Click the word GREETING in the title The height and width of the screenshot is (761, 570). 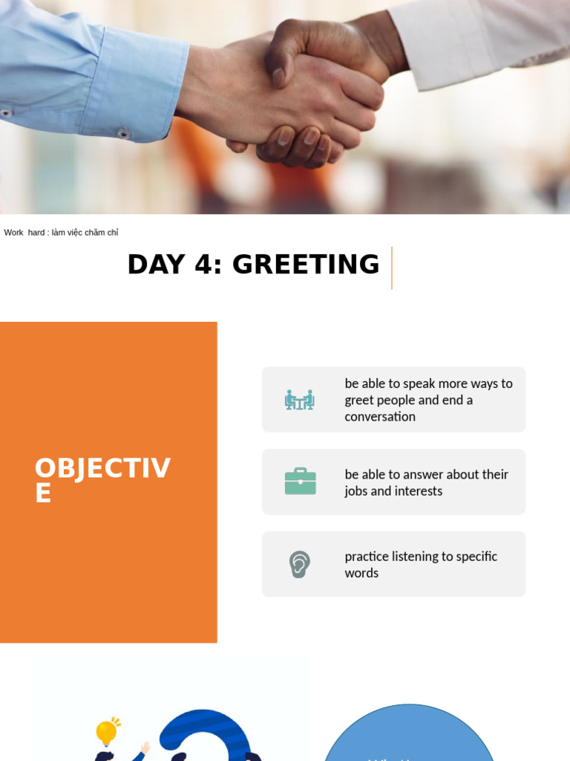[x=306, y=265]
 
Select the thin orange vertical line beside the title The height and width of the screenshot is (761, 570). [x=391, y=268]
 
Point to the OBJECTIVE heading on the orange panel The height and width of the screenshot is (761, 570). [x=102, y=480]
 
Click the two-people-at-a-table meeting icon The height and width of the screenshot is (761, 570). [x=300, y=400]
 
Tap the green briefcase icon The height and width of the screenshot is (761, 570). [x=301, y=482]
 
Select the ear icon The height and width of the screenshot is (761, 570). [x=300, y=564]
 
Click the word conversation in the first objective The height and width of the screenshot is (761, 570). [x=380, y=417]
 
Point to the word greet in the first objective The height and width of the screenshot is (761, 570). [x=360, y=401]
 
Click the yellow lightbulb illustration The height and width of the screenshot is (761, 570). [x=107, y=732]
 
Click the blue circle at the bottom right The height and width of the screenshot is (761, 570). [x=409, y=739]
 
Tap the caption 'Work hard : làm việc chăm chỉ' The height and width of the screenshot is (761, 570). [x=61, y=233]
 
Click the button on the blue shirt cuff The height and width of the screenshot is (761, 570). [x=124, y=134]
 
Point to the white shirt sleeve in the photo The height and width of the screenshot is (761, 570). [x=475, y=37]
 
